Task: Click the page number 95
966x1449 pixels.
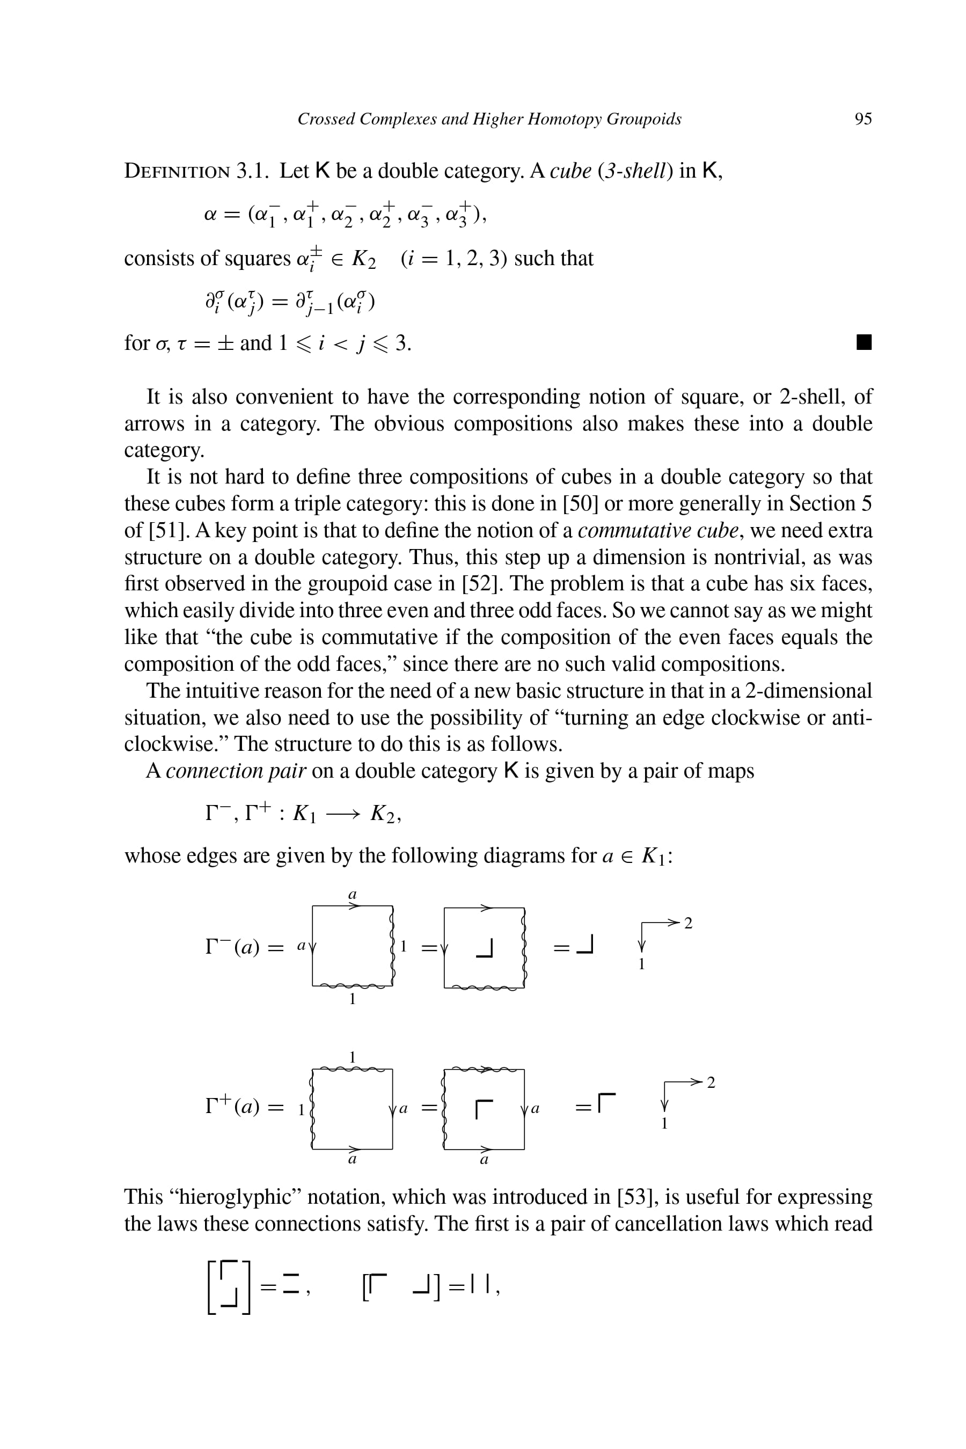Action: tap(862, 119)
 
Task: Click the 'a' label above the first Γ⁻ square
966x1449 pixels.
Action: tap(353, 894)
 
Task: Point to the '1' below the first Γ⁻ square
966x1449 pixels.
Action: tap(353, 999)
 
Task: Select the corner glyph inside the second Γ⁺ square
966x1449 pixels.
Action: tap(485, 1108)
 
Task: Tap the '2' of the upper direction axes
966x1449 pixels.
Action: tap(688, 923)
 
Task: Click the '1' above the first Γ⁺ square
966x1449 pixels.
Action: tap(353, 1057)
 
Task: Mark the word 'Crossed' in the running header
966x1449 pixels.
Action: tap(326, 119)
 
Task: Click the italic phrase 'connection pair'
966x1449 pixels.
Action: tap(236, 771)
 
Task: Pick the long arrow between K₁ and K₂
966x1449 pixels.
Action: tap(342, 815)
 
